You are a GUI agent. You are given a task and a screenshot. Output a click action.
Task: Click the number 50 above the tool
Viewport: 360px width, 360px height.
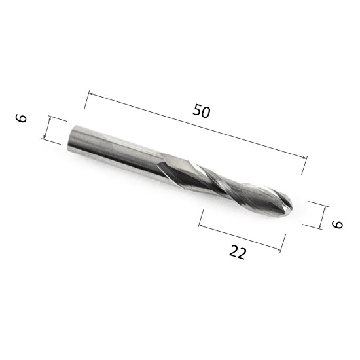pyautogui.click(x=202, y=111)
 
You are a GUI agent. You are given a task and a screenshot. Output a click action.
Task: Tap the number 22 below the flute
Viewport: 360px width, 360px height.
pyautogui.click(x=238, y=252)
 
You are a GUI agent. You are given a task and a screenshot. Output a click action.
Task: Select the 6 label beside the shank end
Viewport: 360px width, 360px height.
pyautogui.click(x=21, y=118)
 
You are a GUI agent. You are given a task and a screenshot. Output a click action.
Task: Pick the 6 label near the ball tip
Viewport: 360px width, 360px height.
pyautogui.click(x=337, y=224)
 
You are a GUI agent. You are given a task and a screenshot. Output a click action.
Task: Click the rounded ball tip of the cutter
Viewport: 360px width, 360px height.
pyautogui.click(x=287, y=206)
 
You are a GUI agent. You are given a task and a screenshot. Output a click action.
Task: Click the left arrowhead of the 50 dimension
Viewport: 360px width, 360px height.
pyautogui.click(x=90, y=94)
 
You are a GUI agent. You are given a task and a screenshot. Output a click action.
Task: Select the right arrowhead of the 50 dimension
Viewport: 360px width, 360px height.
pyautogui.click(x=304, y=157)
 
